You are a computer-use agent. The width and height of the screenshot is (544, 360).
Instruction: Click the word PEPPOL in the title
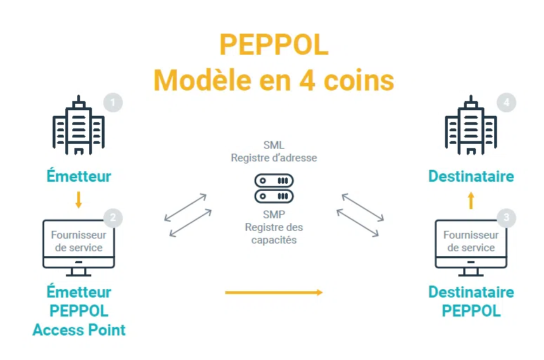[273, 45]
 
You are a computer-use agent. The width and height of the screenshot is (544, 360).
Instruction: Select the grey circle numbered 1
[112, 102]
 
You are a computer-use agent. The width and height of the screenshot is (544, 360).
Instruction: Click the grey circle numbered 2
[112, 218]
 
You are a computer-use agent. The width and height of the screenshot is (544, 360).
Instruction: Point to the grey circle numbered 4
[507, 102]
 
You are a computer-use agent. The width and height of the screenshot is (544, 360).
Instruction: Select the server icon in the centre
[274, 188]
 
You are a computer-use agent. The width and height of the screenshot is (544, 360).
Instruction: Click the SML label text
[274, 145]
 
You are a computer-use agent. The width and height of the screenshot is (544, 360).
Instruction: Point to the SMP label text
[274, 215]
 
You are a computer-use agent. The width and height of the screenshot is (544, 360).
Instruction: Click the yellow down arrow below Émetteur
[79, 199]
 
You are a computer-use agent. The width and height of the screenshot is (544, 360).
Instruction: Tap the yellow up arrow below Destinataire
[471, 202]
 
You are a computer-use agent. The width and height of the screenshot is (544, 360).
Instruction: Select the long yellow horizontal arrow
[274, 292]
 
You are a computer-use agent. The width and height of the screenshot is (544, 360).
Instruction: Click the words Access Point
[79, 329]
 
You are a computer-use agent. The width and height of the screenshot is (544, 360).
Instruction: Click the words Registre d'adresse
[274, 158]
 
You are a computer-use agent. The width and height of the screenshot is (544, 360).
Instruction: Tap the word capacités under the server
[274, 240]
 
